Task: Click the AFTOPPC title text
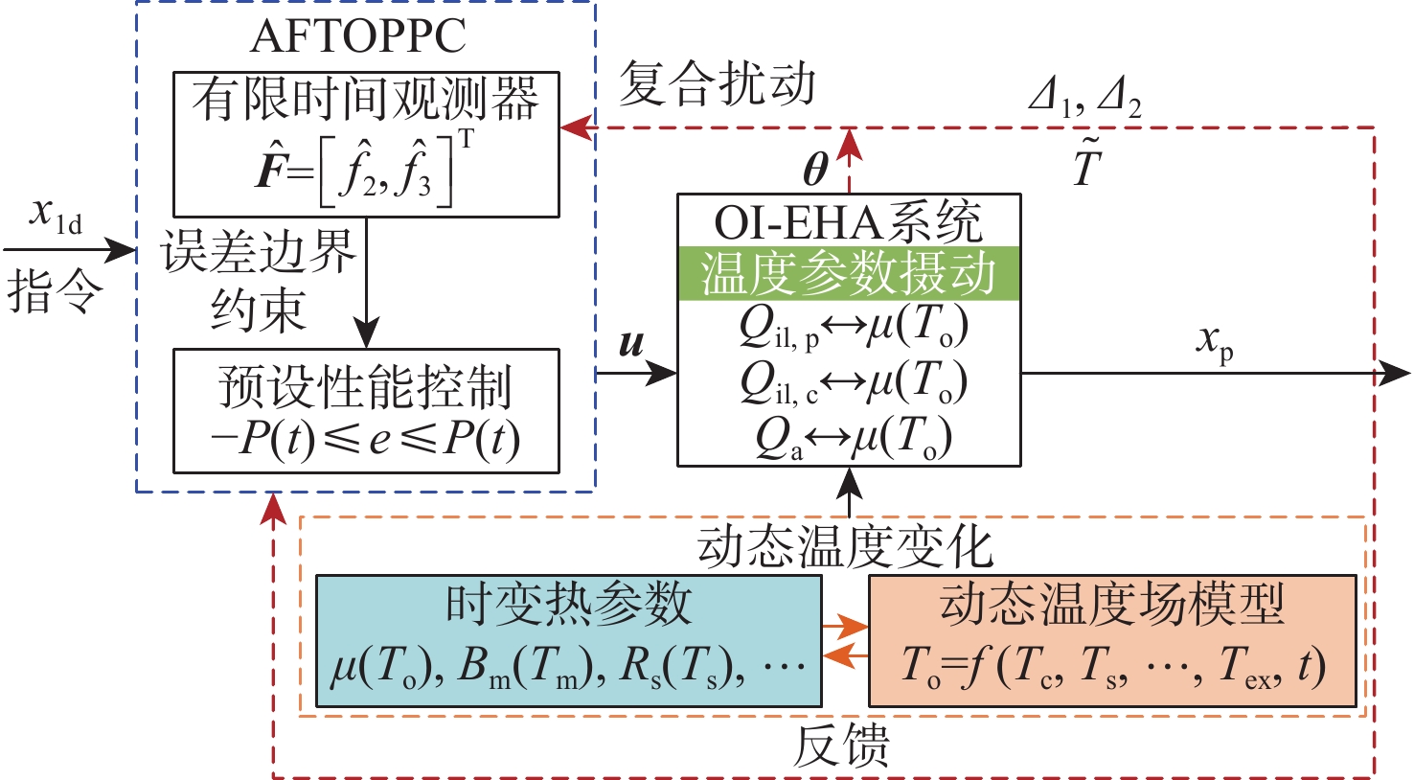tap(358, 36)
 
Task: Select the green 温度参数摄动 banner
tap(849, 273)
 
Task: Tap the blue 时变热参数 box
tap(569, 640)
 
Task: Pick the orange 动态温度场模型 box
tap(1113, 640)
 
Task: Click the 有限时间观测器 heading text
tap(366, 99)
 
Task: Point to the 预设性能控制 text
tap(366, 386)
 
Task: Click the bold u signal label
tap(631, 344)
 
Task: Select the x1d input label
tap(56, 215)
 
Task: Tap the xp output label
tap(1215, 343)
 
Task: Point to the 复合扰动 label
tap(717, 82)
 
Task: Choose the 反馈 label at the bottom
tap(841, 746)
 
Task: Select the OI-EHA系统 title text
tap(848, 221)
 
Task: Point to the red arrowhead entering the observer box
tap(577, 127)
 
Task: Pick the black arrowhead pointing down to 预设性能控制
tap(366, 333)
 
